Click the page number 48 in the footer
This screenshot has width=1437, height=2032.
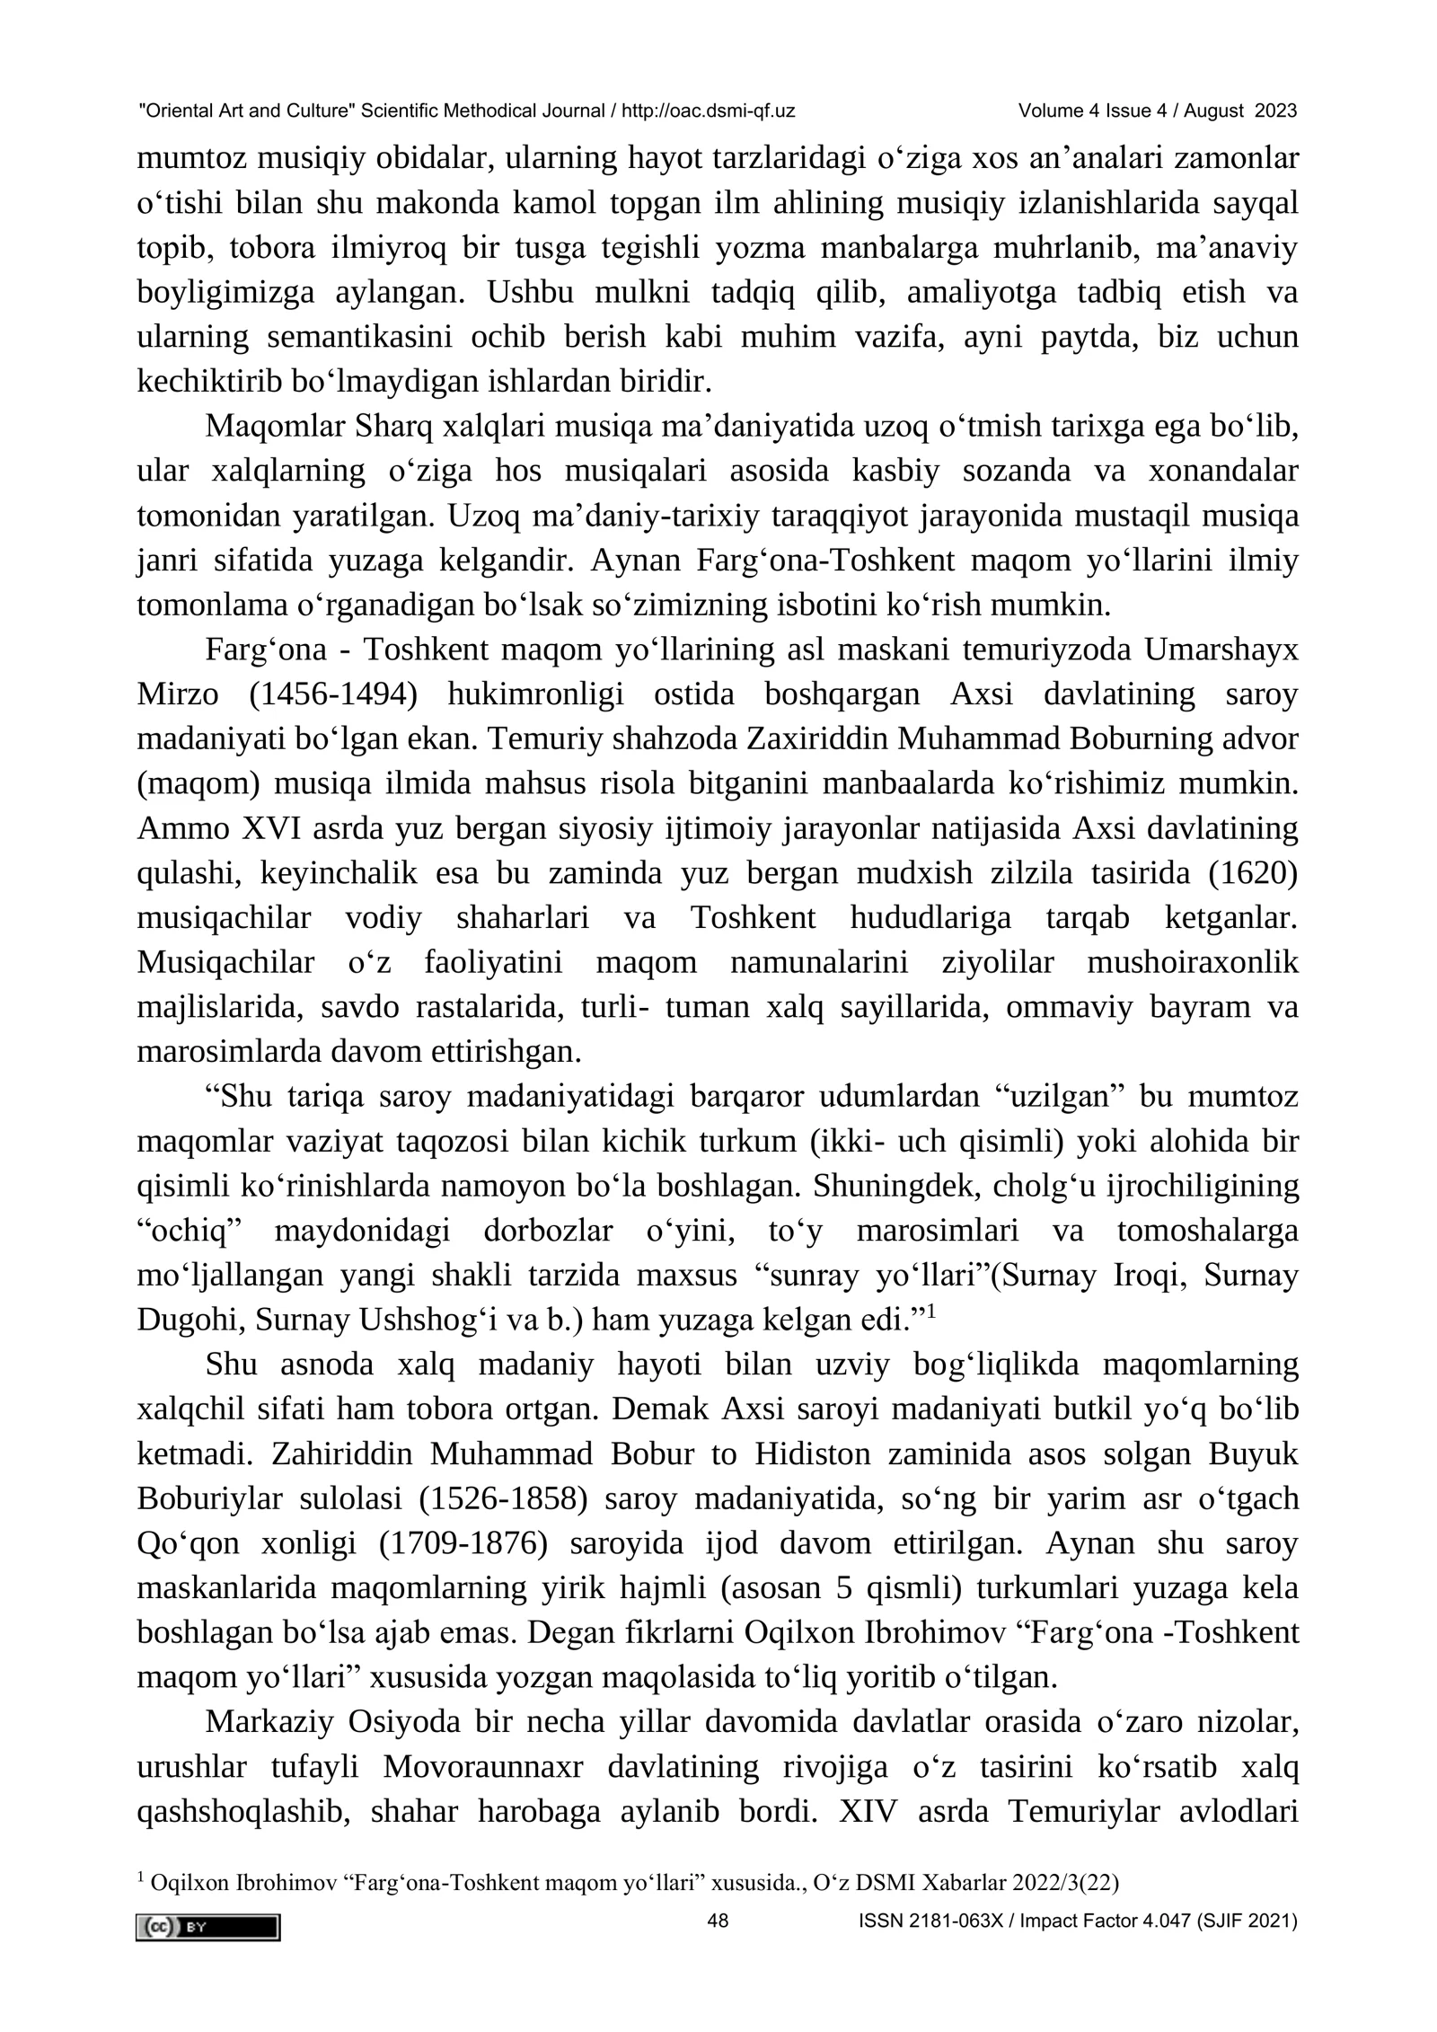point(718,1922)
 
